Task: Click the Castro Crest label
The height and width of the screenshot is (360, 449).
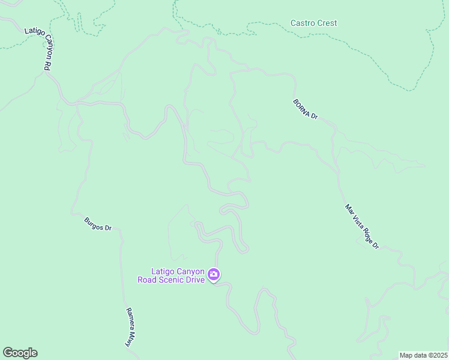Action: point(313,23)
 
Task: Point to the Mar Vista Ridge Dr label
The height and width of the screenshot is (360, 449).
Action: point(362,226)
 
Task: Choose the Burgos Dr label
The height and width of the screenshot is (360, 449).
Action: point(98,224)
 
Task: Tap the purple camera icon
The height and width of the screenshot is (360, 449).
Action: point(214,275)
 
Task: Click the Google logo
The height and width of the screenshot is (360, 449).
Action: point(20,353)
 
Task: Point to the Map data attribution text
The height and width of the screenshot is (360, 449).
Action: point(423,355)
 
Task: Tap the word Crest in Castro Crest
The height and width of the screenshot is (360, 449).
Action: point(327,23)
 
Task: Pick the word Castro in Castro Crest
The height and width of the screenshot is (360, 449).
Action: point(302,23)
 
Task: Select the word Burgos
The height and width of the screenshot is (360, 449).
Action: point(94,222)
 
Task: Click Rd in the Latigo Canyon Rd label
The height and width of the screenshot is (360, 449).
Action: point(46,65)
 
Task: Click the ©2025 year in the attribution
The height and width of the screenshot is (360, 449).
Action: point(437,355)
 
